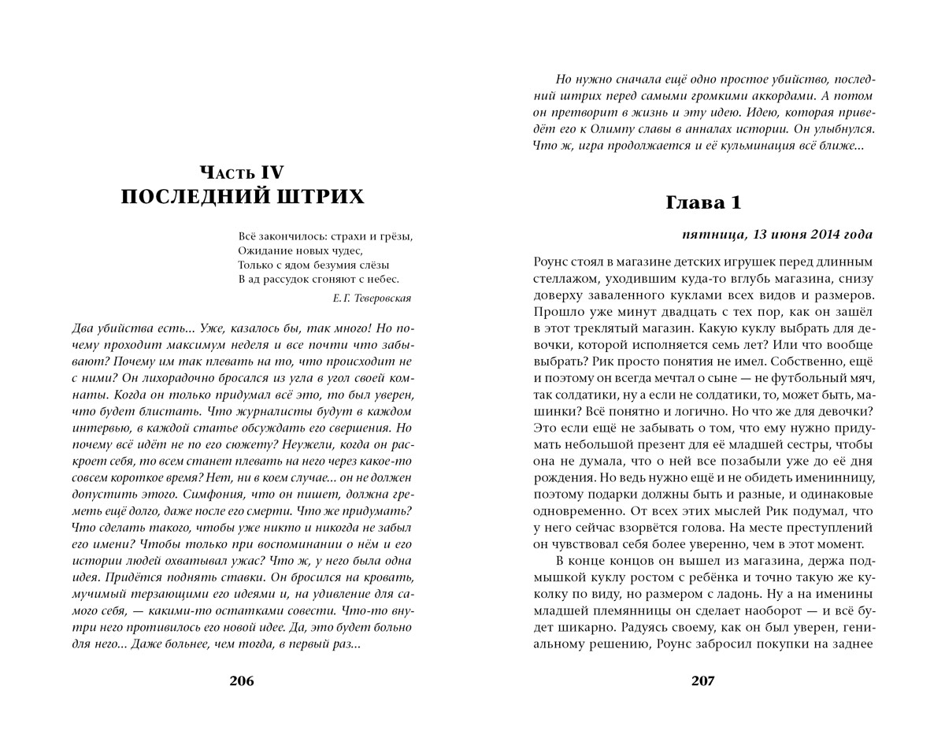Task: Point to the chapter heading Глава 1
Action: (703, 202)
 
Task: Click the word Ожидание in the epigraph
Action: (262, 250)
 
